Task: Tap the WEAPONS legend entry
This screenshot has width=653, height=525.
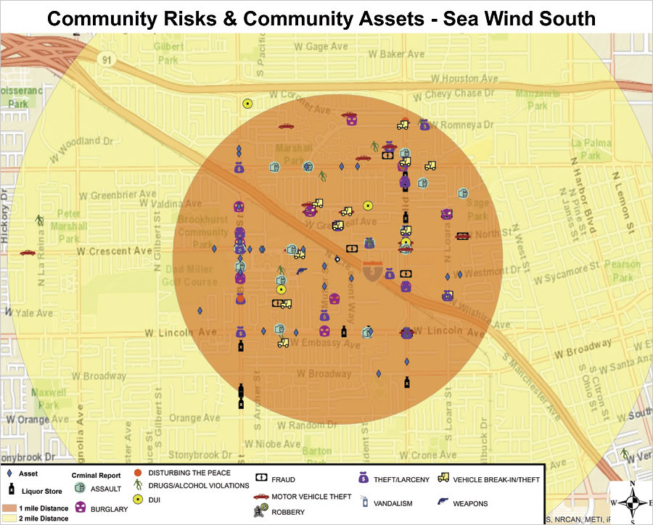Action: (469, 503)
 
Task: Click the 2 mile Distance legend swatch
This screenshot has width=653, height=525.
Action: (12, 518)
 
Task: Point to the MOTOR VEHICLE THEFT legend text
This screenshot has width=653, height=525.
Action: (311, 497)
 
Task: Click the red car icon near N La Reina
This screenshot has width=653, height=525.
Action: (28, 253)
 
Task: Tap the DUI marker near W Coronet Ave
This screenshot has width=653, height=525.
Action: (247, 104)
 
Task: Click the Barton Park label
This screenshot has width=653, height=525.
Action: (316, 456)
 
